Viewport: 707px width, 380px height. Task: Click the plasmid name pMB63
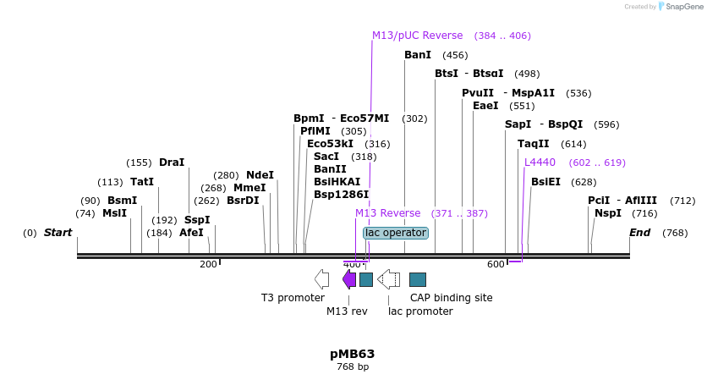click(352, 354)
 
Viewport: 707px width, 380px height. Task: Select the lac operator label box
click(396, 233)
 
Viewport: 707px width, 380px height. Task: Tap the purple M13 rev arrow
click(348, 279)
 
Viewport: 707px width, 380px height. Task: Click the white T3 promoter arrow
click(321, 279)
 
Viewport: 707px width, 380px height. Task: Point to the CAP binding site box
click(418, 279)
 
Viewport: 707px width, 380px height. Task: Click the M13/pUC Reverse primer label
click(417, 36)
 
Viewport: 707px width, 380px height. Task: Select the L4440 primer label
click(540, 162)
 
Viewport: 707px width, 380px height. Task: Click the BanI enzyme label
click(418, 55)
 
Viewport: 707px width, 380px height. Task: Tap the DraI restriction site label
click(171, 162)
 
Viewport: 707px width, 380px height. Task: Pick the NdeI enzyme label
click(260, 175)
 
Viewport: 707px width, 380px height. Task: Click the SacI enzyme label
click(326, 157)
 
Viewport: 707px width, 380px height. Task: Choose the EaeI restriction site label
click(485, 106)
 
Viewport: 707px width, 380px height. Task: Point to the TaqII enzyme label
click(533, 144)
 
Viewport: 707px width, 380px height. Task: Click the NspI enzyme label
click(607, 213)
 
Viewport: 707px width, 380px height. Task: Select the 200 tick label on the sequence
click(208, 265)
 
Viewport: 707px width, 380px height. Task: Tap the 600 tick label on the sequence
click(496, 265)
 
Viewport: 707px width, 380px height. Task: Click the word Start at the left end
click(58, 233)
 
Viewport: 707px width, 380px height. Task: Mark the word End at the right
click(640, 233)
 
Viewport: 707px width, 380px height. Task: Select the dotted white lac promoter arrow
click(389, 279)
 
